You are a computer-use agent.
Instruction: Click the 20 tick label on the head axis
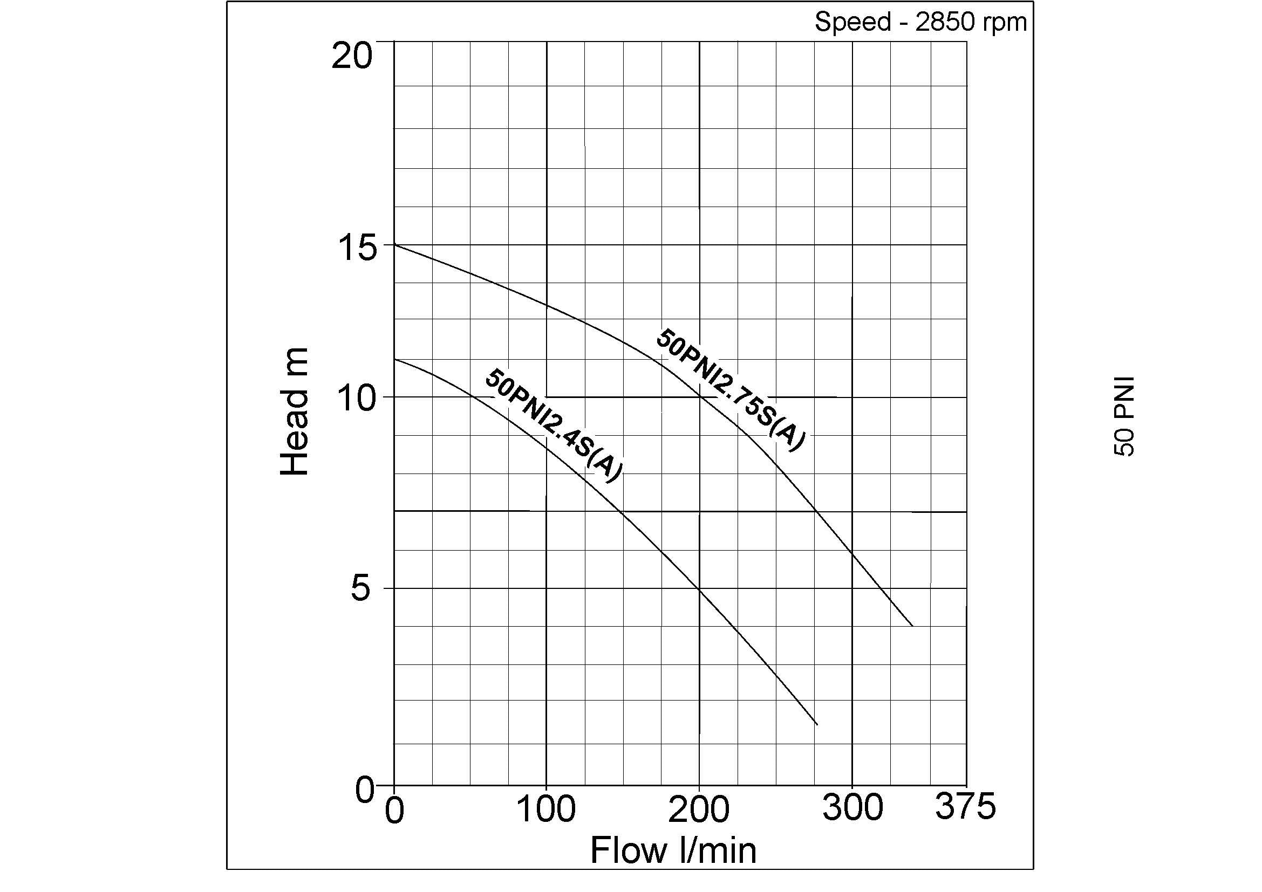pyautogui.click(x=352, y=56)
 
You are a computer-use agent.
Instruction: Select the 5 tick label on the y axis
pyautogui.click(x=360, y=589)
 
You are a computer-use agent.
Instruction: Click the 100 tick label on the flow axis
pyautogui.click(x=547, y=809)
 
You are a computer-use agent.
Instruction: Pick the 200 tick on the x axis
pyautogui.click(x=699, y=809)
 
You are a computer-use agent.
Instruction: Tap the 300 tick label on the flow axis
pyautogui.click(x=852, y=808)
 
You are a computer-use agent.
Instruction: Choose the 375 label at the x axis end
pyautogui.click(x=965, y=807)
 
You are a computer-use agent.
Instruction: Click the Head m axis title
pyautogui.click(x=295, y=411)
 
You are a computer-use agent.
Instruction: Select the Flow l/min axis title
pyautogui.click(x=673, y=851)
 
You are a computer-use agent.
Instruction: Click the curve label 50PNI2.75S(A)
pyautogui.click(x=731, y=390)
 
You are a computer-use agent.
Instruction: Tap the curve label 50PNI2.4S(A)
pyautogui.click(x=554, y=427)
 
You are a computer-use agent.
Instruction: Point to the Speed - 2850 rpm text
pyautogui.click(x=920, y=23)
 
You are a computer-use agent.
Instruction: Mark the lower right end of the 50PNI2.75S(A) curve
pyautogui.click(x=912, y=626)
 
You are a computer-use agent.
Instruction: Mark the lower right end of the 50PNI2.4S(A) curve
pyautogui.click(x=817, y=724)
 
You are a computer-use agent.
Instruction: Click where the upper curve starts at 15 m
pyautogui.click(x=394, y=244)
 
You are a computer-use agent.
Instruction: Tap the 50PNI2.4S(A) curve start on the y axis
pyautogui.click(x=394, y=359)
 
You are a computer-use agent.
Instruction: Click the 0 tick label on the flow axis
pyautogui.click(x=394, y=810)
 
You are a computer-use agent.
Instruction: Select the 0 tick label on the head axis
pyautogui.click(x=364, y=791)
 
